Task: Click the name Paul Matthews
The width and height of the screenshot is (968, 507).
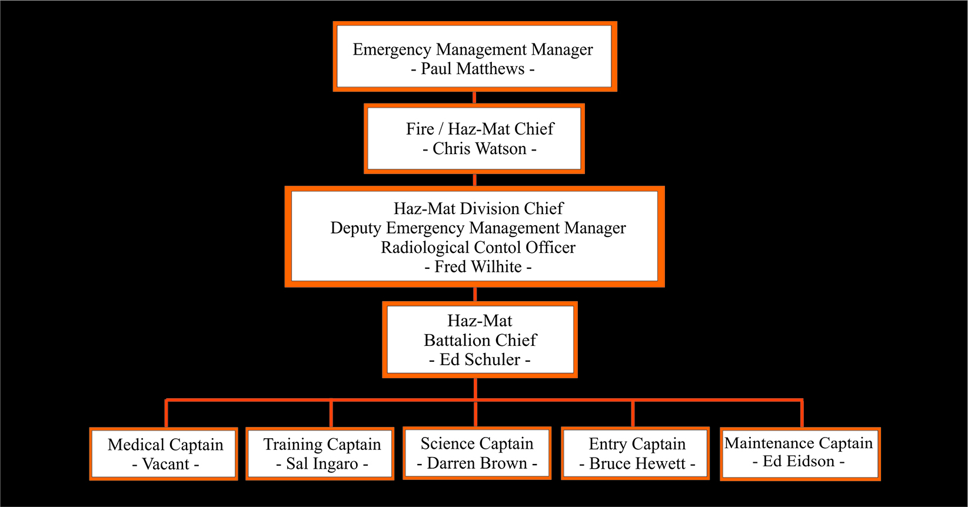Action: pyautogui.click(x=473, y=69)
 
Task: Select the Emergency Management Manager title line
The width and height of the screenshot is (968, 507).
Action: pyautogui.click(x=473, y=49)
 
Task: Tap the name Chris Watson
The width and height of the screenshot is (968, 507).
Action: pyautogui.click(x=479, y=149)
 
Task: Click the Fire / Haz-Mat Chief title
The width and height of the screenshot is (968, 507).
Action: pyautogui.click(x=480, y=129)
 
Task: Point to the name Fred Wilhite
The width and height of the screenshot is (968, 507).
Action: pyautogui.click(x=478, y=267)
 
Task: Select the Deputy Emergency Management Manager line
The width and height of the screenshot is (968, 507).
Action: pyautogui.click(x=478, y=228)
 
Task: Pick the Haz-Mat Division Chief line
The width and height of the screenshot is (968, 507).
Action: pyautogui.click(x=478, y=209)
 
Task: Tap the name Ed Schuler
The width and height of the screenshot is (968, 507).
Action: pyautogui.click(x=480, y=359)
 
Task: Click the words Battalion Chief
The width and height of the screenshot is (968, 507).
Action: pyautogui.click(x=480, y=340)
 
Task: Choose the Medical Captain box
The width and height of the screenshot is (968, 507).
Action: pyautogui.click(x=164, y=453)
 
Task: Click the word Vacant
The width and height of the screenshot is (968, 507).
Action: pyautogui.click(x=165, y=464)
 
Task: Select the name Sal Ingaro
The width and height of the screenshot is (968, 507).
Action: pyautogui.click(x=322, y=464)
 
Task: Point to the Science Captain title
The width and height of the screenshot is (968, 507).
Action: pyautogui.click(x=477, y=443)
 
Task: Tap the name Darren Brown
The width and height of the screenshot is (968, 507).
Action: pyautogui.click(x=477, y=463)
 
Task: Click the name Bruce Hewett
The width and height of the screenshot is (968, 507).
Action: pyautogui.click(x=637, y=464)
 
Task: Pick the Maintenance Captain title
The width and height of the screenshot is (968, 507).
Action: pyautogui.click(x=799, y=443)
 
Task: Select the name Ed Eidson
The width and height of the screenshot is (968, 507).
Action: pyautogui.click(x=799, y=462)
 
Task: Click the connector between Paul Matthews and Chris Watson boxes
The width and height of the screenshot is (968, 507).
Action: pyautogui.click(x=474, y=98)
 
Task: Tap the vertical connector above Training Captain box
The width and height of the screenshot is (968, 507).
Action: pyautogui.click(x=331, y=414)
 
